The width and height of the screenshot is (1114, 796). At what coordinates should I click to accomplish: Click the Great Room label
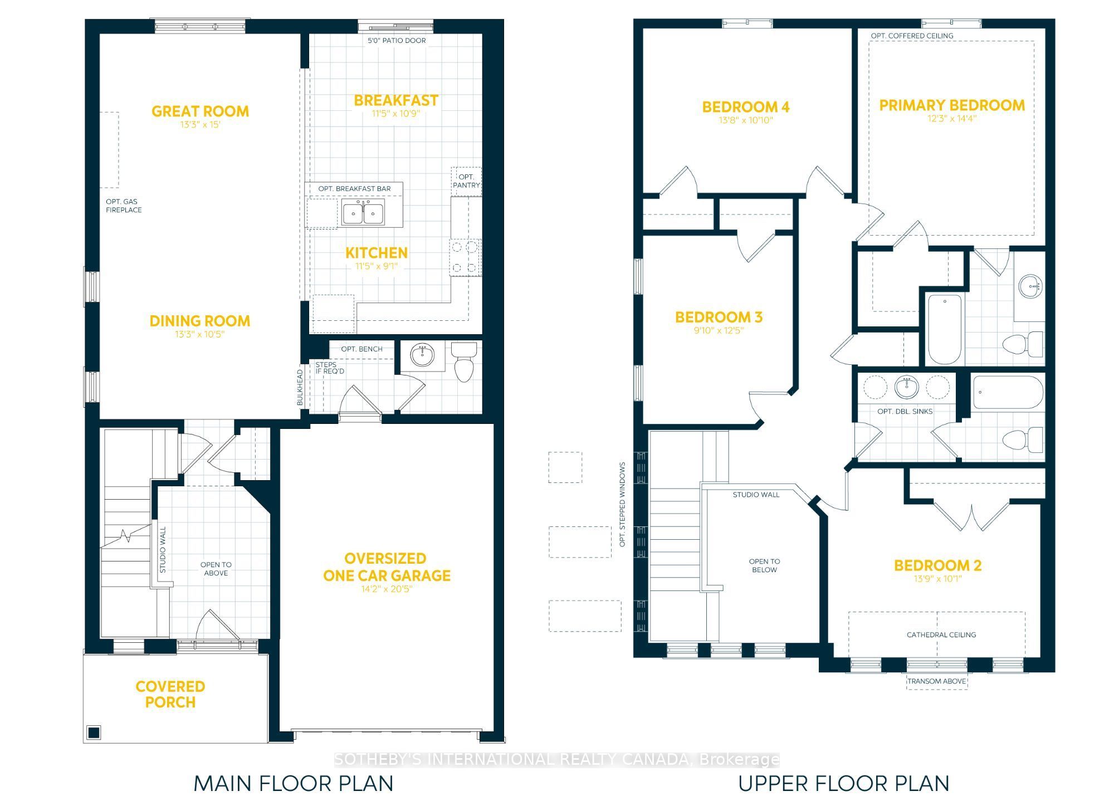click(x=201, y=111)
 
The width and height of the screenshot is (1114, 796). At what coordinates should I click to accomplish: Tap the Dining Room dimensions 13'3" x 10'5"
click(x=199, y=334)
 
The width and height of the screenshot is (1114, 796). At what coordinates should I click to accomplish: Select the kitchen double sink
click(x=363, y=214)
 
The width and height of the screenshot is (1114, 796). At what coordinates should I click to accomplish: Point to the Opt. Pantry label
click(x=466, y=181)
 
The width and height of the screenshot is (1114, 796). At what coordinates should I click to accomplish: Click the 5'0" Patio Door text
click(x=397, y=41)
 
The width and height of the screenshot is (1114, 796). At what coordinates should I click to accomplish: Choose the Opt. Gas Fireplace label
click(x=124, y=206)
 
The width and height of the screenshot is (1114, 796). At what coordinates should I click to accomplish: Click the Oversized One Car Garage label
click(x=387, y=567)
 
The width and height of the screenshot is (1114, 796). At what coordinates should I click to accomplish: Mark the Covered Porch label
click(x=170, y=695)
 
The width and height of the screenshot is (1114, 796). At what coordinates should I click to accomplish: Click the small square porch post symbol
click(x=93, y=732)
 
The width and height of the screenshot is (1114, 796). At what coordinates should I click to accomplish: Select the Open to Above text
click(x=216, y=569)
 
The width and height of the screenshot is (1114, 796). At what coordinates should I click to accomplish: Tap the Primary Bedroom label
click(x=952, y=105)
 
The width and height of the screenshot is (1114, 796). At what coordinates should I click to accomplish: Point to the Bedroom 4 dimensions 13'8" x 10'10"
click(x=746, y=120)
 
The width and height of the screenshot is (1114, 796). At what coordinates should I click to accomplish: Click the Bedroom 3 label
click(x=719, y=318)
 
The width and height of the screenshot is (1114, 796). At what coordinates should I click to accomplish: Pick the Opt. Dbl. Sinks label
click(x=905, y=412)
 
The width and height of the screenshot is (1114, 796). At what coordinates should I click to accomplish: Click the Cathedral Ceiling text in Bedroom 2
click(x=941, y=634)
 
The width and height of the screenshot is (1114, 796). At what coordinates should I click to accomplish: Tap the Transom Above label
click(x=936, y=681)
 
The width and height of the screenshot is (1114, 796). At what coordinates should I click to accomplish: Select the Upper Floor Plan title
click(x=843, y=784)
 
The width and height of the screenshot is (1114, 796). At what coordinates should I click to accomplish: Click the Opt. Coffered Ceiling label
click(x=912, y=36)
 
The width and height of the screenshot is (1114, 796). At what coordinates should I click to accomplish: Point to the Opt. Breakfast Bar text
click(x=354, y=189)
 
